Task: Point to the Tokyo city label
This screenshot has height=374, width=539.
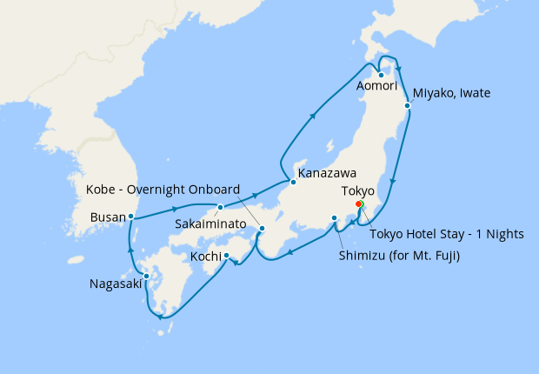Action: pos(356,190)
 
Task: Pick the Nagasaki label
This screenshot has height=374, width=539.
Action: pos(115,284)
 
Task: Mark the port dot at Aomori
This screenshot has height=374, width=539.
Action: pos(381,74)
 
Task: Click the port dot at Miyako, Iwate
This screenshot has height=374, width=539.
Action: pos(407,105)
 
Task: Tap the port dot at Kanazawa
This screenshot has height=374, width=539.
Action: pos(293,182)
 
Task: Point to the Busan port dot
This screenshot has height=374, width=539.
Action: pos(130,216)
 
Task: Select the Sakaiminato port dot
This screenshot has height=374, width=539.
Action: pos(221,207)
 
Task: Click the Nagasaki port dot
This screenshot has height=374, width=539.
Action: pos(146,277)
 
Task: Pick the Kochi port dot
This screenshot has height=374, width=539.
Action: pos(226,256)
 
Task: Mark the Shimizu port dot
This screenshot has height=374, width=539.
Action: pos(334,218)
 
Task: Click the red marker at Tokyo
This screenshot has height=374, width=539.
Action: pos(359,204)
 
